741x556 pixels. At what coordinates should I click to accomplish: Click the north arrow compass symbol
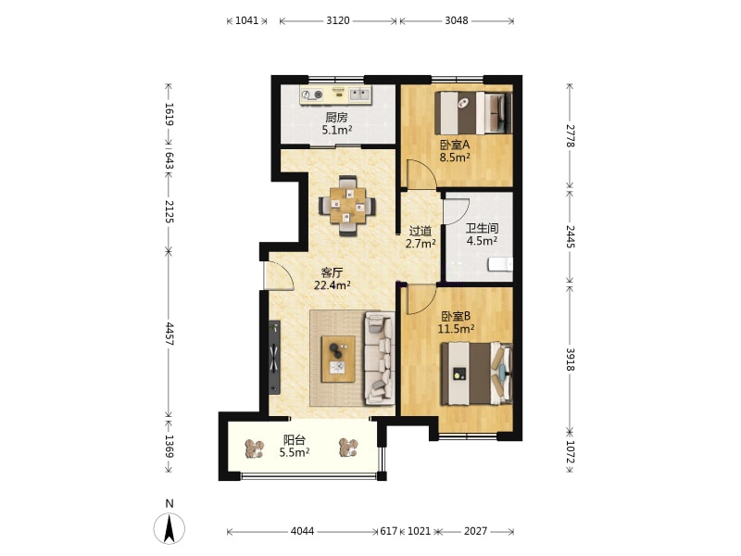tap(170, 528)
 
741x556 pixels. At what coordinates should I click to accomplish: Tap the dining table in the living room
tap(348, 206)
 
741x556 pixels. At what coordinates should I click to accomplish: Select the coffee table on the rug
tap(338, 359)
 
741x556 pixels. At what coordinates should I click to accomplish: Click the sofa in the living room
tap(380, 358)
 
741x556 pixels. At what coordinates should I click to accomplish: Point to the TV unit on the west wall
tap(274, 357)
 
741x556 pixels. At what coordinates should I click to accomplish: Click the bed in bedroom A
tap(473, 113)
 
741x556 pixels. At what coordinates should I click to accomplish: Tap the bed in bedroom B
tap(476, 373)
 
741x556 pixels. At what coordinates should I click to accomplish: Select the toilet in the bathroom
tap(500, 264)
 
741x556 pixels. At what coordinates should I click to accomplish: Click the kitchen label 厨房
tap(336, 118)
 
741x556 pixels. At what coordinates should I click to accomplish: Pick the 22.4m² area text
tap(333, 284)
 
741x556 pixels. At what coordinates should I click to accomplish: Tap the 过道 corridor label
tap(421, 231)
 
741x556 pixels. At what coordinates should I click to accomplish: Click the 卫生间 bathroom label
tap(482, 228)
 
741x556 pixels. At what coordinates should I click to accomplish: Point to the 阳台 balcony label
tap(294, 440)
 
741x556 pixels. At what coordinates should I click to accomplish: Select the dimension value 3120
tap(338, 20)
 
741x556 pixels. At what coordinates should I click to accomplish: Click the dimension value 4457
tap(170, 334)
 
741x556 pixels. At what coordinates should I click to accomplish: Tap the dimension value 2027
tap(475, 531)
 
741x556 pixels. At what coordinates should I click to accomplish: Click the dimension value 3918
tap(571, 360)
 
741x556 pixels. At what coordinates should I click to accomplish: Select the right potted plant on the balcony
tap(349, 448)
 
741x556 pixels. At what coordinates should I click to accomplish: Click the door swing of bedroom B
tap(421, 299)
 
